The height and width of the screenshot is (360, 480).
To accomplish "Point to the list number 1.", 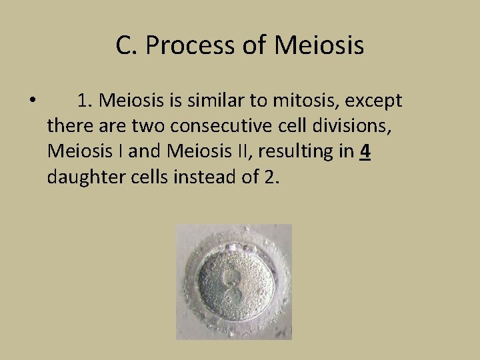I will click(x=84, y=101).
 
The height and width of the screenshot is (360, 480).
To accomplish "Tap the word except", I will click(x=374, y=101).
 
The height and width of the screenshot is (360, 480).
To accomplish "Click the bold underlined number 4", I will click(x=364, y=151).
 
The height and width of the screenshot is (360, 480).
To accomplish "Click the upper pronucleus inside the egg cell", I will click(x=231, y=275).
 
